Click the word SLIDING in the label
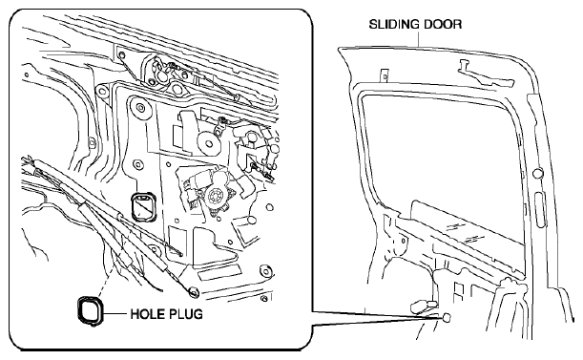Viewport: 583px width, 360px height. click(x=391, y=25)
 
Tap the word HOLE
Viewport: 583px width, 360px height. click(x=145, y=314)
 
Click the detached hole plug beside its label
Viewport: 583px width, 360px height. click(x=90, y=310)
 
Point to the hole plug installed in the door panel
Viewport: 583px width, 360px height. click(x=143, y=206)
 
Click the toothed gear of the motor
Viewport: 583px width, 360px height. click(x=215, y=196)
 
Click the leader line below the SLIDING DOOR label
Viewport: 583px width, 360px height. click(x=420, y=39)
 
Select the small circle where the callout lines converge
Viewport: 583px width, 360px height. click(x=447, y=318)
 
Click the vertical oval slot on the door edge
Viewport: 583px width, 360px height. click(x=539, y=209)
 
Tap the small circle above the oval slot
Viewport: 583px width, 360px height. click(x=536, y=173)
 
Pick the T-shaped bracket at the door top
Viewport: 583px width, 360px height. click(x=484, y=74)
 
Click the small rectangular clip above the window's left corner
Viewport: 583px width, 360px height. click(x=385, y=75)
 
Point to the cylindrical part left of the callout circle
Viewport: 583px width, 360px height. click(x=421, y=306)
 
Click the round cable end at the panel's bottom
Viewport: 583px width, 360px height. click(x=194, y=291)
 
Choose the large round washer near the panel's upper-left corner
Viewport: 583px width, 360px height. click(x=140, y=108)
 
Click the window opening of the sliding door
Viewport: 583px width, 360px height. click(x=439, y=157)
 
